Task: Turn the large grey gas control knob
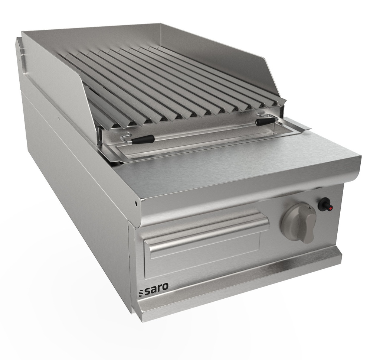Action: point(299,222)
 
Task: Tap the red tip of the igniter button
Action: point(331,207)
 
